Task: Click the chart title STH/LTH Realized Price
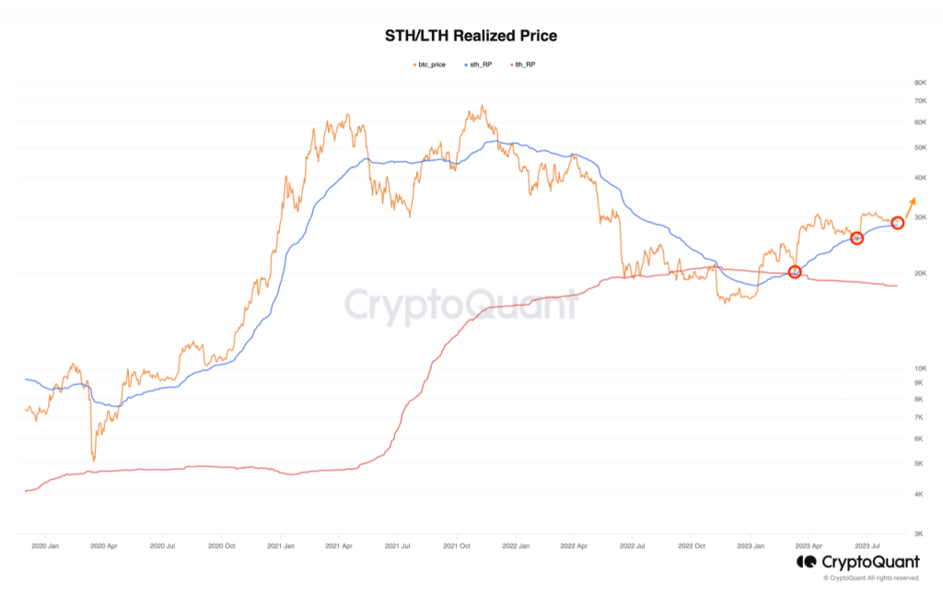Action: (x=471, y=37)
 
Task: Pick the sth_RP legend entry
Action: (x=480, y=64)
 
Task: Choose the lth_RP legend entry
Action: (x=521, y=64)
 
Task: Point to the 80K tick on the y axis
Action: (x=919, y=83)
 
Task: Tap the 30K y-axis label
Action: (x=919, y=217)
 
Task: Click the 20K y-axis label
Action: (x=919, y=273)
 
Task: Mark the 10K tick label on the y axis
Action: (x=919, y=368)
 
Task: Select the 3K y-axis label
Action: (x=919, y=533)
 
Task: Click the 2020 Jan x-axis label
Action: (x=45, y=544)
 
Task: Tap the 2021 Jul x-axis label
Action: (x=398, y=544)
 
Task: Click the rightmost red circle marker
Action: (x=898, y=222)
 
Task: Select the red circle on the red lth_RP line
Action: (x=795, y=272)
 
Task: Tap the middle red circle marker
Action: (x=856, y=239)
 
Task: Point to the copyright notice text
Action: (x=871, y=578)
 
